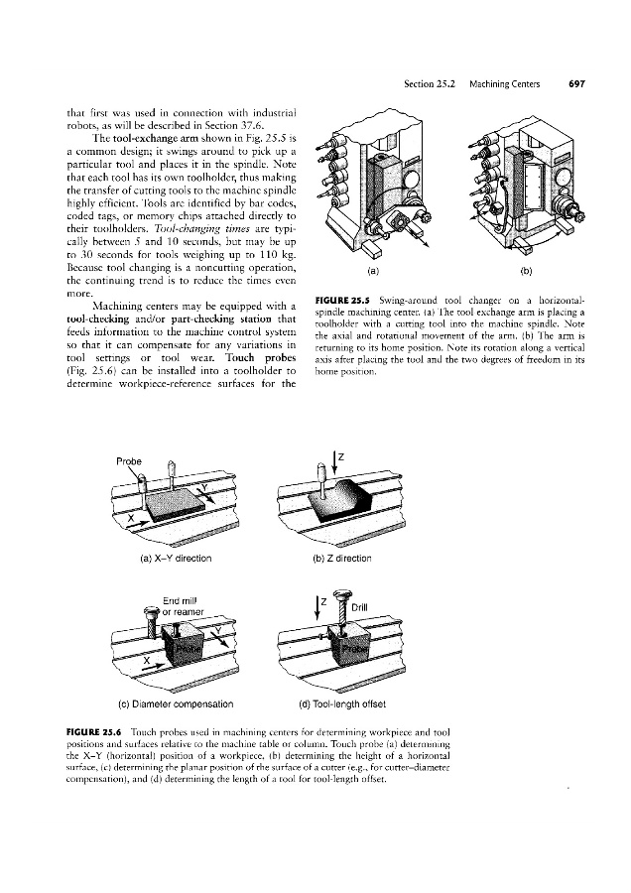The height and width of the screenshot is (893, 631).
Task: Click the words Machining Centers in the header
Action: click(505, 84)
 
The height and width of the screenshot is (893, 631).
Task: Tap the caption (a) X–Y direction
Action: click(161, 558)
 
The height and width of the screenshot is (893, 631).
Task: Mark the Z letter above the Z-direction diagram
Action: click(340, 455)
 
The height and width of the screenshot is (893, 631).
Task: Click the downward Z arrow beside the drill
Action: click(318, 604)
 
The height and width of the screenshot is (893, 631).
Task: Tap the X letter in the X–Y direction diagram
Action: click(129, 518)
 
